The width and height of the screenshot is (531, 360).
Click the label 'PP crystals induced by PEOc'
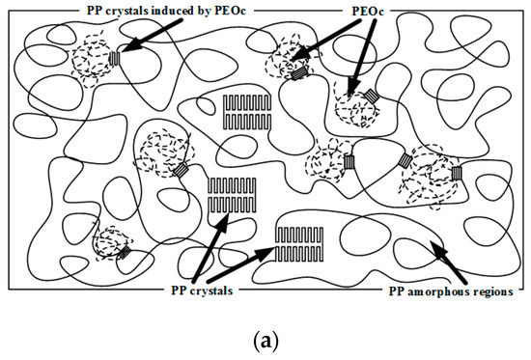[112, 9]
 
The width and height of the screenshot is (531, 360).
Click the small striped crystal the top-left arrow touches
[115, 58]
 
